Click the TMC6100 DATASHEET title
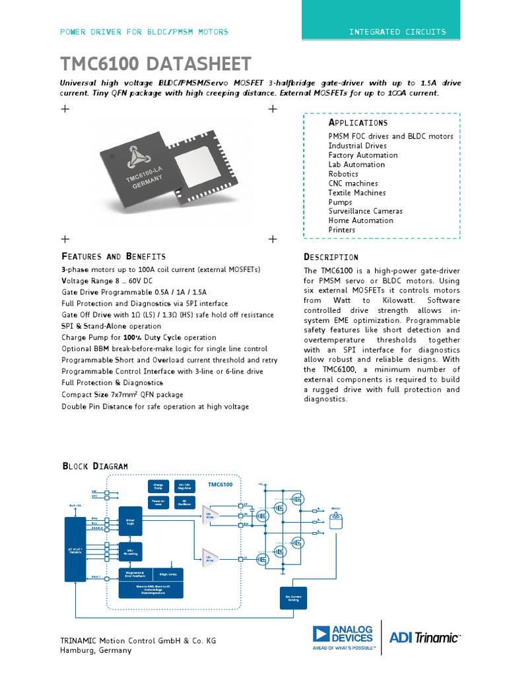click(156, 64)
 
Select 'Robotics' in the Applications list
click(343, 174)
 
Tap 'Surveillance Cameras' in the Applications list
click(365, 211)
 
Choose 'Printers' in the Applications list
click(341, 230)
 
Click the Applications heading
click(358, 123)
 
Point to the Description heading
click(331, 257)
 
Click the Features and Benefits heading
click(114, 256)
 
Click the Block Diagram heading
click(94, 466)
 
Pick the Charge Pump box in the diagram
click(158, 487)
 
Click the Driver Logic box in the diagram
click(130, 522)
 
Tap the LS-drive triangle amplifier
click(211, 557)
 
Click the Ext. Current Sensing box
click(292, 597)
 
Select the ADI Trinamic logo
click(424, 637)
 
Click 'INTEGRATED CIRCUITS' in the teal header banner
click(397, 32)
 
